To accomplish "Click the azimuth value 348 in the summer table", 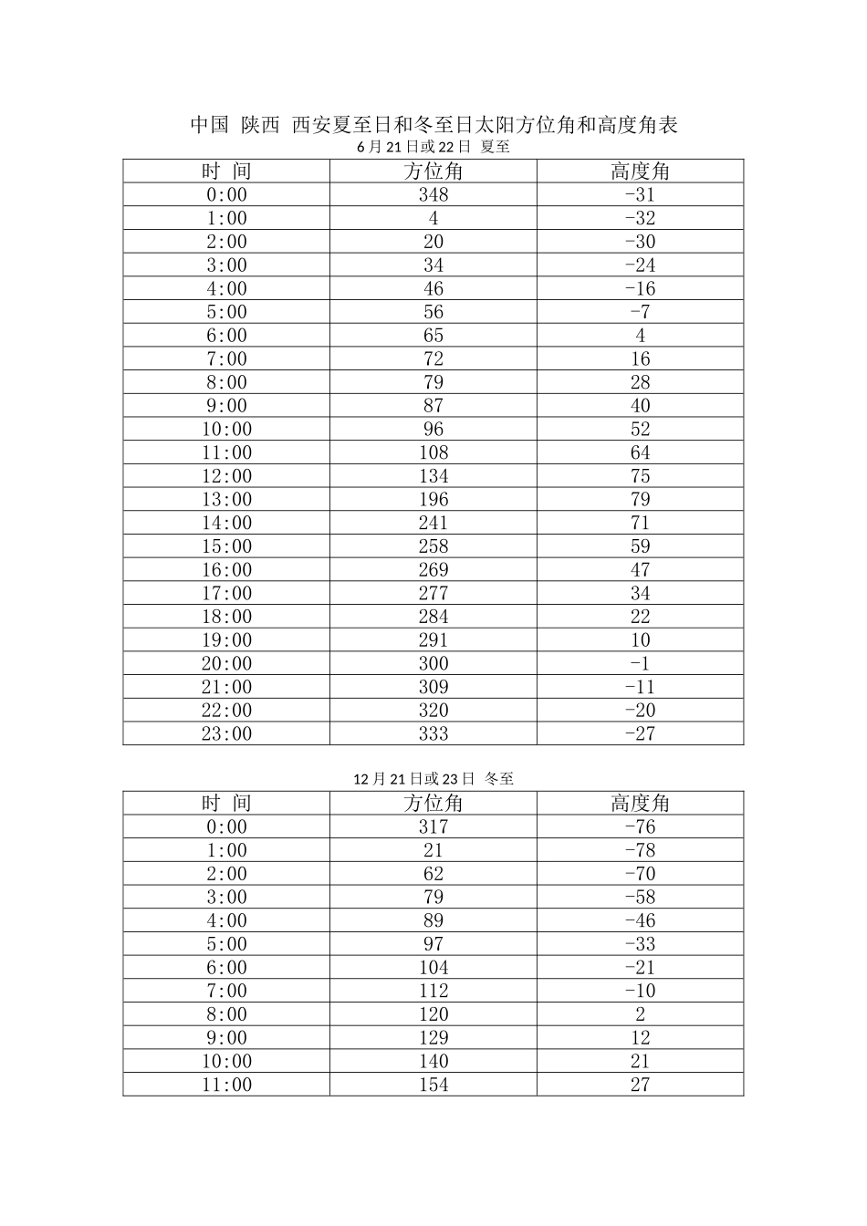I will coord(433,194).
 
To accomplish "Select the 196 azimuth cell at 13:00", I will coord(433,500).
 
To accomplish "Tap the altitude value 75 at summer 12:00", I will coord(640,476).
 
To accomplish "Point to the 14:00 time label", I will coord(226,524).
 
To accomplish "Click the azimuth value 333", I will coord(433,734).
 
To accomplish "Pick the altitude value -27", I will coord(640,734).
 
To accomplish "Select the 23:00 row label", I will coord(226,734).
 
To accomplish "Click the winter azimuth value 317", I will coord(433,827).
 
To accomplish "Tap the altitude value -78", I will coord(640,851).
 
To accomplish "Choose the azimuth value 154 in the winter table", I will coord(433,1086).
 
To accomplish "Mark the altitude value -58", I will coord(640,898).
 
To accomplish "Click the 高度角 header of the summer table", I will coord(640,171).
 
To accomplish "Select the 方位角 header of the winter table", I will coord(433,804).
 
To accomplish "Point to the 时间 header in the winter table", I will coord(226,804).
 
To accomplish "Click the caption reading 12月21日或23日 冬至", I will coord(433,779).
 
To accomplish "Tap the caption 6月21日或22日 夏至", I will coord(433,147).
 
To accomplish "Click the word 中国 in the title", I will coord(209,125).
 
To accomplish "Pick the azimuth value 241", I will coord(433,524).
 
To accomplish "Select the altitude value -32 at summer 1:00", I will coord(640,218).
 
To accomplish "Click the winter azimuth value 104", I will coord(433,968).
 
